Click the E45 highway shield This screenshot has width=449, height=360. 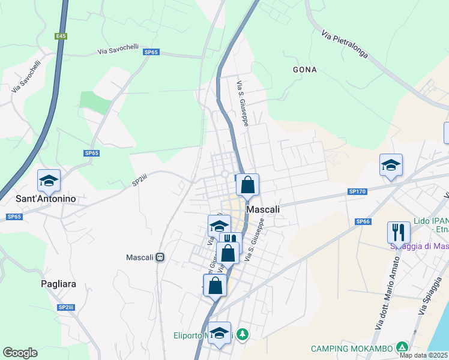click(x=61, y=36)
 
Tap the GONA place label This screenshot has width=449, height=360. click(x=304, y=70)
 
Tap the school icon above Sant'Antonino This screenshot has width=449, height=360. click(x=49, y=180)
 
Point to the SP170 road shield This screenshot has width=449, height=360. click(x=356, y=191)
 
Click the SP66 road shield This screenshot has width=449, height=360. click(x=362, y=221)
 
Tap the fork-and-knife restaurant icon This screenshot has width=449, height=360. click(x=399, y=232)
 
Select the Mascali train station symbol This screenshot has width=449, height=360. click(x=160, y=257)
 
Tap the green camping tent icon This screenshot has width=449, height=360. click(x=402, y=347)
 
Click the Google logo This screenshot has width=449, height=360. click(x=20, y=353)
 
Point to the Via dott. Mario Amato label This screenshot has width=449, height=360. click(x=388, y=292)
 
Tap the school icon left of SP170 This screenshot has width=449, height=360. click(x=391, y=165)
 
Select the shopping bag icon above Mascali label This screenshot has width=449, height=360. click(x=247, y=185)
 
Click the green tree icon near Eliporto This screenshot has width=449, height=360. click(x=242, y=334)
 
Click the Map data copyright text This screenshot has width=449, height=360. click(x=423, y=355)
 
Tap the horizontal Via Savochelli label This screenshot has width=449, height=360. click(x=118, y=52)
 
